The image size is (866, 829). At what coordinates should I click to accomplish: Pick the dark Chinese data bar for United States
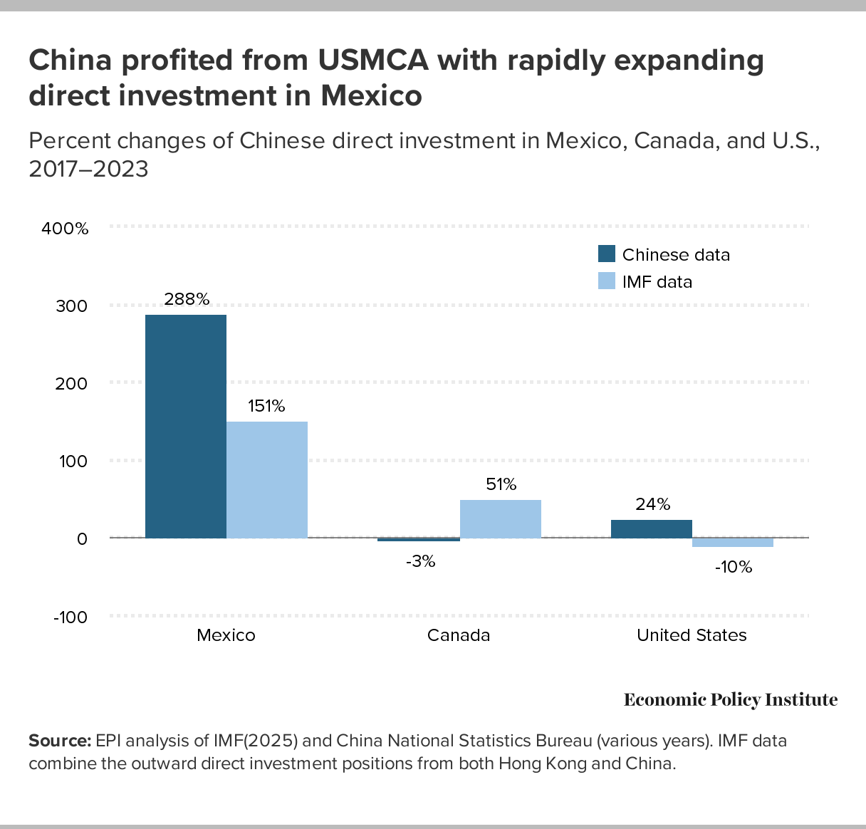[x=652, y=528]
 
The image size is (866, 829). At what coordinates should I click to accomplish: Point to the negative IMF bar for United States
[x=733, y=543]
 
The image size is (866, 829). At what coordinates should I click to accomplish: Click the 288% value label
[x=187, y=299]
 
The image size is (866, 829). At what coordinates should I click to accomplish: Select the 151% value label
[x=267, y=406]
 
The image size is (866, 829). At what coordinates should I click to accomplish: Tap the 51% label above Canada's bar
[x=501, y=484]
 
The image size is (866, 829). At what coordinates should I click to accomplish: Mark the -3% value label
[x=420, y=561]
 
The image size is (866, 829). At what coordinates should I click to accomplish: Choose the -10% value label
[x=734, y=567]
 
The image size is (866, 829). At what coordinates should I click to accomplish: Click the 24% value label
[x=653, y=504]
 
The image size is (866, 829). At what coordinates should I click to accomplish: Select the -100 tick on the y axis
[x=71, y=617]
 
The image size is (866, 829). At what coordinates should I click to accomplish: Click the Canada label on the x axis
[x=459, y=635]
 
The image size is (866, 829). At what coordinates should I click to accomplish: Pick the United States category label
[x=692, y=635]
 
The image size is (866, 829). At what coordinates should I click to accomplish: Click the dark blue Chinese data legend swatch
[x=607, y=254]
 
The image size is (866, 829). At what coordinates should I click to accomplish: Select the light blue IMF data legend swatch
[x=607, y=281]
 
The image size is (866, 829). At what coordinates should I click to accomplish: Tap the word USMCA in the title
[x=374, y=61]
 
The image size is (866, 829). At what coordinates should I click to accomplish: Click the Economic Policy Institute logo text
[x=731, y=699]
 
